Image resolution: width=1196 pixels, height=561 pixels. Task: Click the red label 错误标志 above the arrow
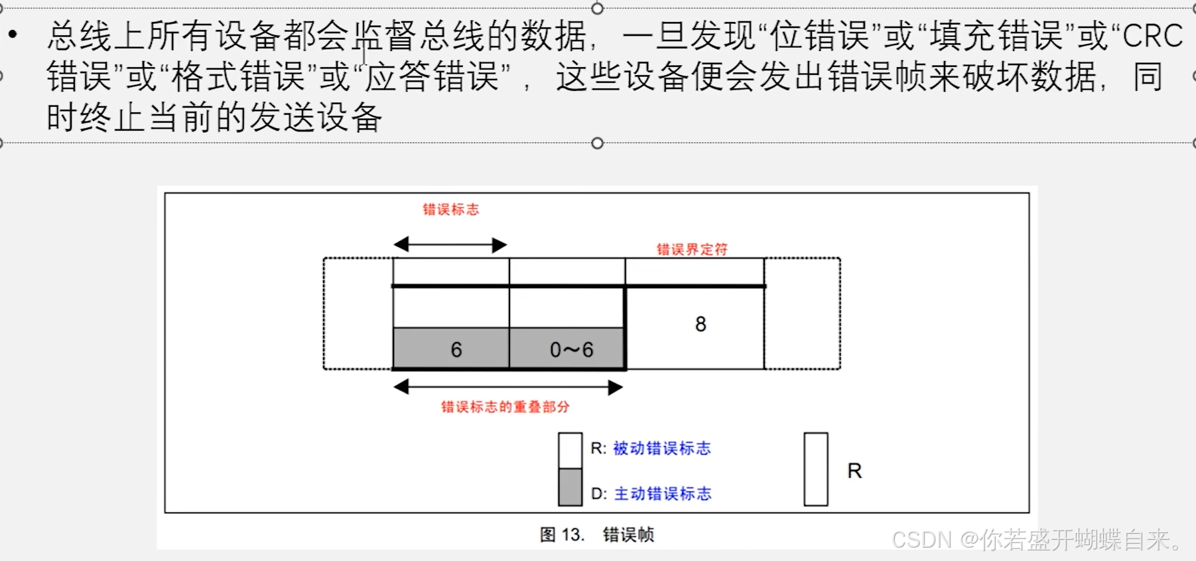tap(450, 210)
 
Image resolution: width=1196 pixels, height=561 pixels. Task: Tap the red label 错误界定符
tap(692, 250)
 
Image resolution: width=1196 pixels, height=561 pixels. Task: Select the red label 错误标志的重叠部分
tap(505, 407)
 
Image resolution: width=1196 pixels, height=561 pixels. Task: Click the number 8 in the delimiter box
tap(700, 324)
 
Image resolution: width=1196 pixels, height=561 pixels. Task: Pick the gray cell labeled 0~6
tap(568, 349)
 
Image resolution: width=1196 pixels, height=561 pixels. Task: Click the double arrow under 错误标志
tap(450, 245)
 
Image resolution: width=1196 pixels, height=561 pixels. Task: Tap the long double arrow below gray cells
tap(508, 387)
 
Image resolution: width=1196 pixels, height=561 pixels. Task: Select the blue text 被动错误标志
tap(661, 449)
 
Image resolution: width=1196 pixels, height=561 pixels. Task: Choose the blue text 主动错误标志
tap(662, 494)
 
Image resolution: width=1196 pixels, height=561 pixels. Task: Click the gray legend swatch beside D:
tap(570, 487)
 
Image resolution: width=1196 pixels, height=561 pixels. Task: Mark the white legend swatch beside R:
tap(570, 451)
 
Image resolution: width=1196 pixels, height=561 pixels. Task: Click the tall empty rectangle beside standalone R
tap(815, 469)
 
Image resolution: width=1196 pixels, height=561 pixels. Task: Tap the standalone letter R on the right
tap(854, 471)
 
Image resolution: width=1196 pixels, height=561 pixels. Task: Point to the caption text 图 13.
tap(561, 535)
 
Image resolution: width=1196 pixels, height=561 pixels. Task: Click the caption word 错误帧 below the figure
tap(628, 535)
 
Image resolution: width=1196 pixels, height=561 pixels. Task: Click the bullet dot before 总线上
tap(13, 33)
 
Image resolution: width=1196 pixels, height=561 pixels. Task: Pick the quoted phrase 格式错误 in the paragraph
tap(238, 78)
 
